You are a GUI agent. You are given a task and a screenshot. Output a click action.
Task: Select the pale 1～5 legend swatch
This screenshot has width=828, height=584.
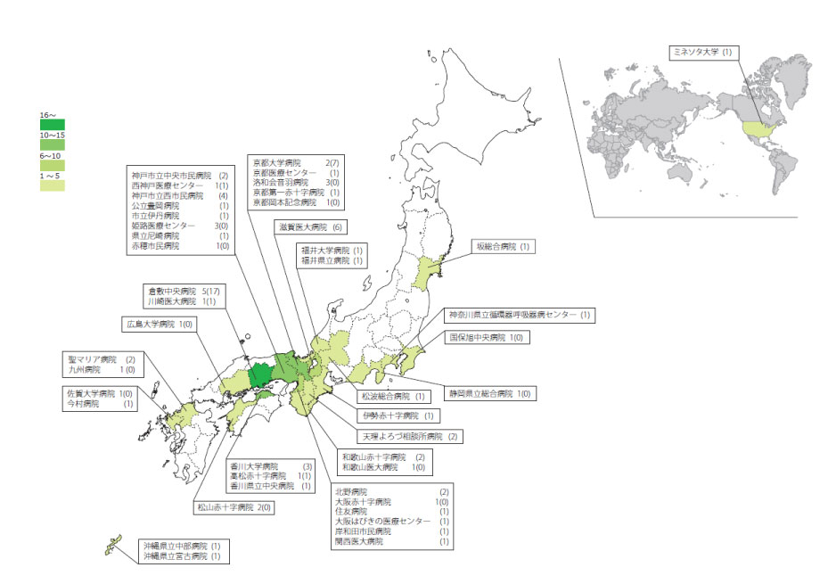52,185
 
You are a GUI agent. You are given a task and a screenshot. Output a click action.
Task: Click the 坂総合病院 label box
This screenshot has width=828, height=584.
502,246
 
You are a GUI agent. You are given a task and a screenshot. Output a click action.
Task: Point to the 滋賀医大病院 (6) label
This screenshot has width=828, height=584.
308,227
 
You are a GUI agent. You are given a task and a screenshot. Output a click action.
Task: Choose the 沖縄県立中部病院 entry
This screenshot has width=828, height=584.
179,545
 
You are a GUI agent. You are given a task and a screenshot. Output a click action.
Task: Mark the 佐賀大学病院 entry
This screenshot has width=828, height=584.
99,393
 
